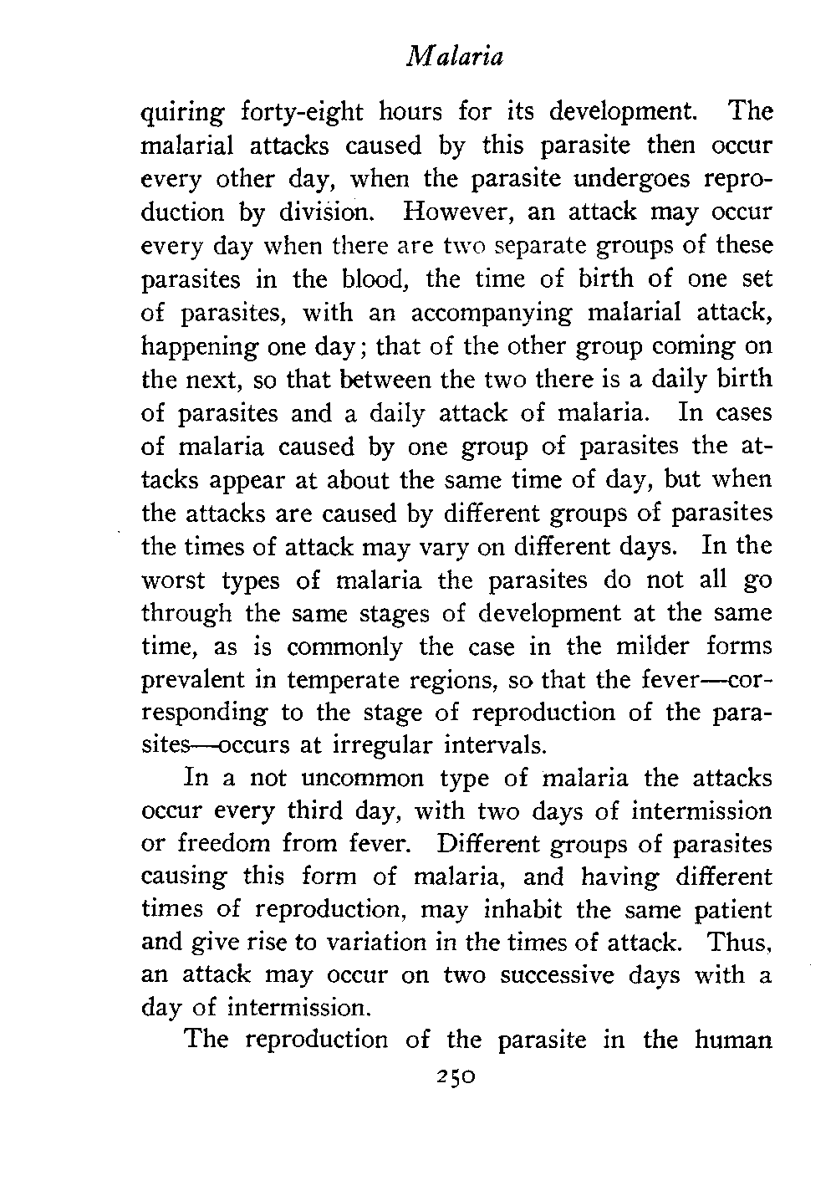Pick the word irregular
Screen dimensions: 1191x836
click(x=399, y=744)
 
